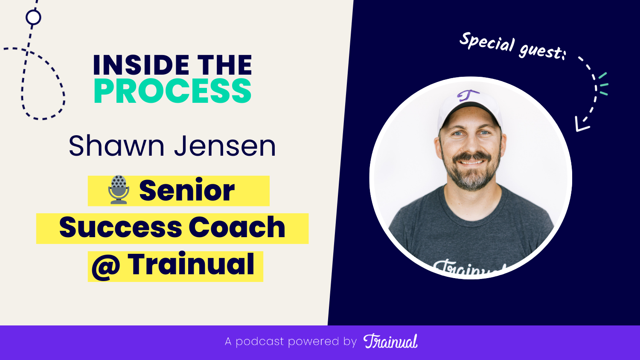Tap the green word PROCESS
pos(172,91)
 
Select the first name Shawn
pos(116,146)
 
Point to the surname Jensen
pos(225,146)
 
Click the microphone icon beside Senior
pos(119,190)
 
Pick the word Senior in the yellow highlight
pos(187,190)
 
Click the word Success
pos(121,227)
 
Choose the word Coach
pos(237,227)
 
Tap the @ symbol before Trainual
pos(105,267)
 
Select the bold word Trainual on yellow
pos(191,265)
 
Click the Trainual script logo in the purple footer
pos(390,341)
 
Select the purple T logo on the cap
pos(468,95)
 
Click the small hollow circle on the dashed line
pos(33,17)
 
